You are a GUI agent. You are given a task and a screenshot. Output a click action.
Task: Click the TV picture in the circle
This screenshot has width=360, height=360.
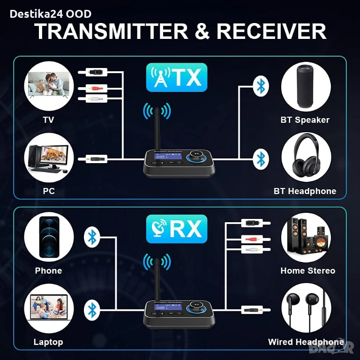[x=48, y=87]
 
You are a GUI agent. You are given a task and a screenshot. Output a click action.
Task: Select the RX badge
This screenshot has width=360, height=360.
[x=176, y=229]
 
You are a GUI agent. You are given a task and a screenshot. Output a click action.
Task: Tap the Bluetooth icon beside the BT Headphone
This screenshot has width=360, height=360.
[x=261, y=159]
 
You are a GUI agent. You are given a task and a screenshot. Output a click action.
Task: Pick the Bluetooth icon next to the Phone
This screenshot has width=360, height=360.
[x=92, y=237]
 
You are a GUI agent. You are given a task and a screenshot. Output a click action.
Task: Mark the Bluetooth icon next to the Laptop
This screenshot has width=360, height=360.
[x=92, y=309]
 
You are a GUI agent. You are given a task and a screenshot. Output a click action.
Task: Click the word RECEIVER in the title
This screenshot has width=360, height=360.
[x=271, y=31]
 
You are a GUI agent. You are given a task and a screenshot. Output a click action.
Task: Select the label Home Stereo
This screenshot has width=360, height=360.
[x=307, y=271]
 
